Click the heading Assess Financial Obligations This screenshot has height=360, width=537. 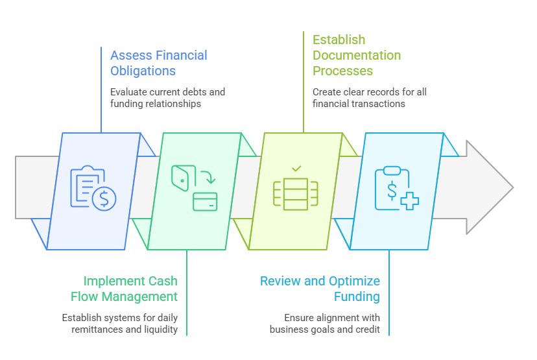pos(158,62)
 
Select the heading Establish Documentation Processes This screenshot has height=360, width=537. pos(357,55)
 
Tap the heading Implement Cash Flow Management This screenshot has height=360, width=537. pos(124,289)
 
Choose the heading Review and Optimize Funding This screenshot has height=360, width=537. pos(320,289)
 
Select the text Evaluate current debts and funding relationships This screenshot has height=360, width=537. pos(167,97)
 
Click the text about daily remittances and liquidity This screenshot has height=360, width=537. pos(119,323)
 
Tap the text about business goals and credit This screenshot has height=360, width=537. pos(325,323)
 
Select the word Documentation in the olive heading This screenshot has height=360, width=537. pos(357,55)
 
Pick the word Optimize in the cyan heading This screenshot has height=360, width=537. pos(355,281)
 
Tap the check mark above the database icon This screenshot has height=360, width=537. pos(296,169)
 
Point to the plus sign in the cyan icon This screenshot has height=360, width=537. pos(409,200)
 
